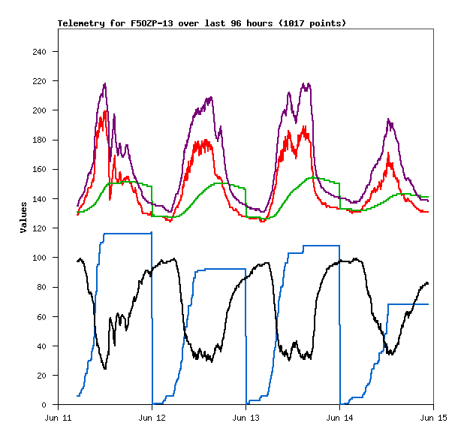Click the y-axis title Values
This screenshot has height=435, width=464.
[23, 217]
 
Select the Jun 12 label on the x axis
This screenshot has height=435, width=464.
[152, 417]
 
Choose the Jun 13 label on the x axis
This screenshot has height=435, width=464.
[246, 417]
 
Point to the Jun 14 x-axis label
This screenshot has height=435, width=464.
[339, 417]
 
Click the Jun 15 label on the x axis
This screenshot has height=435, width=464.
[433, 417]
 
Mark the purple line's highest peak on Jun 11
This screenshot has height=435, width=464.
[105, 83]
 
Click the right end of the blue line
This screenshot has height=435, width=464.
[428, 304]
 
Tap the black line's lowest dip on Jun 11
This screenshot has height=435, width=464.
[105, 368]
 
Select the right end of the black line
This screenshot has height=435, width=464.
[428, 283]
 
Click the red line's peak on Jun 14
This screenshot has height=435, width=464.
[388, 153]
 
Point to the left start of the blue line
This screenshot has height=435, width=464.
[77, 396]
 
